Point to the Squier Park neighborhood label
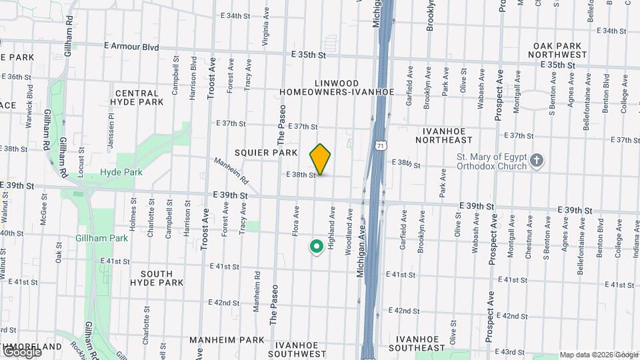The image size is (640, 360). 265,153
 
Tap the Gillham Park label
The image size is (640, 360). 101,238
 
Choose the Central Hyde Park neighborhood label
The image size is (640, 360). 139,98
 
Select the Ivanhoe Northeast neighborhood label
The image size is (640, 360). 444,135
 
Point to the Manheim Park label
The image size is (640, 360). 227,339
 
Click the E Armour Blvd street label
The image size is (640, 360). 131,47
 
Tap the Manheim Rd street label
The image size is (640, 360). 231,171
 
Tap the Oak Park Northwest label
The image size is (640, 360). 559,49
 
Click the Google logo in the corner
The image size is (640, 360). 21,352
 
